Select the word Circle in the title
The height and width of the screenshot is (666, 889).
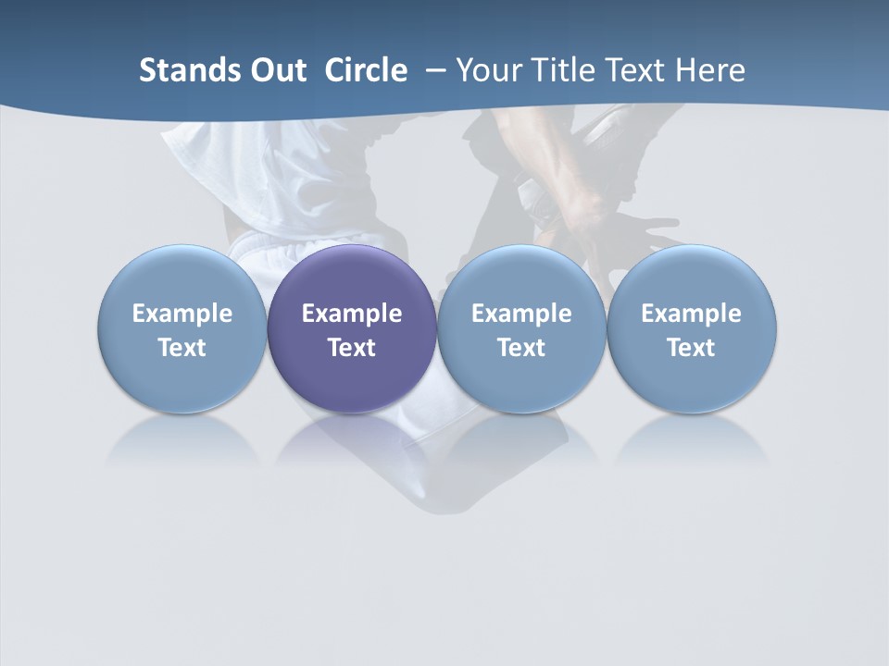366,70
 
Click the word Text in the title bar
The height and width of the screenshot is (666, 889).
638,70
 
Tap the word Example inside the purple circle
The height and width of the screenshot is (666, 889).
352,314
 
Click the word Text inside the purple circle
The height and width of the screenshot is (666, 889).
352,348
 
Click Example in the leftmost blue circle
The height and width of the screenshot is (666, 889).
182,314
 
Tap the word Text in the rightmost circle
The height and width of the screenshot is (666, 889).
691,348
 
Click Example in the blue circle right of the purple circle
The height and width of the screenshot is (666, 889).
521,314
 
